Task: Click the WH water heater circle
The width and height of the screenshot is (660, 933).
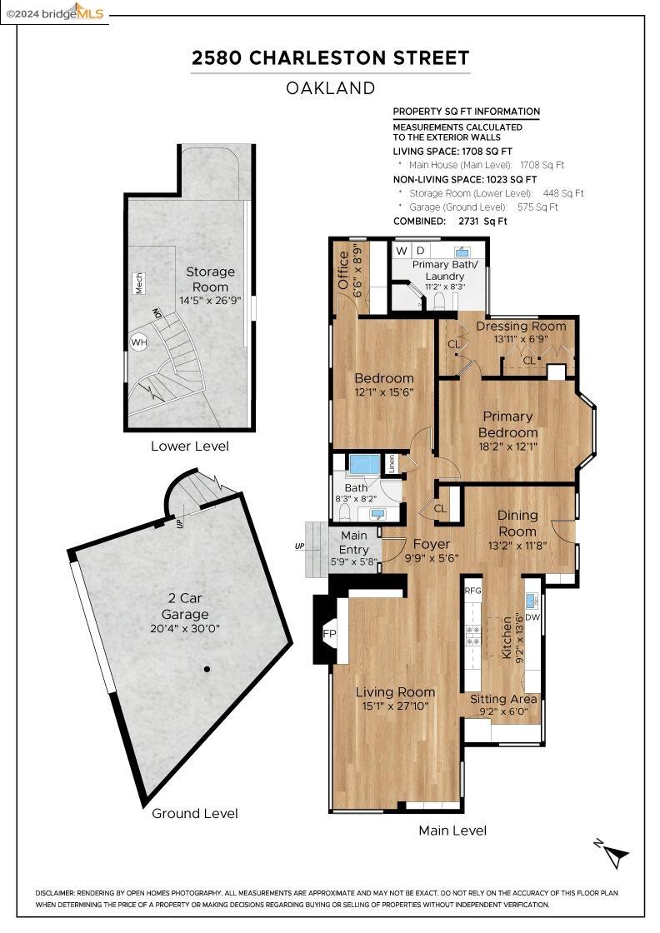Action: click(x=138, y=342)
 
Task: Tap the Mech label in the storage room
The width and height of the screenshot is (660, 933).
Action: click(x=138, y=283)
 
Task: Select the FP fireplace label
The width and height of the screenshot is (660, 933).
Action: click(x=329, y=634)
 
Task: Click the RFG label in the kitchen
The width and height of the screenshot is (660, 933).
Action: click(x=472, y=591)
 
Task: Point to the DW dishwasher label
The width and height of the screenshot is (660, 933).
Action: click(x=532, y=617)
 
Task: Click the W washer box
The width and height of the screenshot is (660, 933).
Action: click(x=402, y=251)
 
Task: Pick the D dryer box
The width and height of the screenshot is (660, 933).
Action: click(x=420, y=251)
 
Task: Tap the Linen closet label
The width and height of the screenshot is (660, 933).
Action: click(x=392, y=463)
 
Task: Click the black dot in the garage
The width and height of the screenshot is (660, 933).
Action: click(x=207, y=670)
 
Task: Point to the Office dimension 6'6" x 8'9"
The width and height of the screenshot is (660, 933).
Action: click(x=357, y=270)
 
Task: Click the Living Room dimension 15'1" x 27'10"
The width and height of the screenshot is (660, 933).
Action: click(x=395, y=706)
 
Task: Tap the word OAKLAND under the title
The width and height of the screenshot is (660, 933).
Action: click(x=330, y=88)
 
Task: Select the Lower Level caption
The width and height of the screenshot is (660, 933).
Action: click(x=190, y=447)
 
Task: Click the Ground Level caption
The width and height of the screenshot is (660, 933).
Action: click(x=195, y=813)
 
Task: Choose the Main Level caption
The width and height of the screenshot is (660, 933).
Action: click(x=452, y=831)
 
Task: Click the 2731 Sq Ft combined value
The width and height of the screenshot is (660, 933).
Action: click(x=482, y=222)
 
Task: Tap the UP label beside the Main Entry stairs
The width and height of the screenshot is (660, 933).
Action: click(x=299, y=546)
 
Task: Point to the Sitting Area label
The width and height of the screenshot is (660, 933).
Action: click(x=503, y=699)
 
